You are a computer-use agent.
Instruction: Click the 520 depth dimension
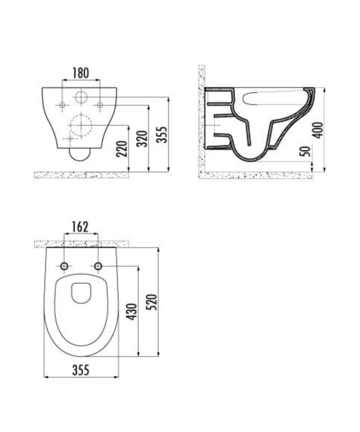[152, 301]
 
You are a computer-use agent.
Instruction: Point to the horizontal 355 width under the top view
[81, 369]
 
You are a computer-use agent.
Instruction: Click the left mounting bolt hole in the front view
[62, 104]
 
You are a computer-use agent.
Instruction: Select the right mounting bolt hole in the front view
[100, 104]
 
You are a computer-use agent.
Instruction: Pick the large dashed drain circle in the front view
[81, 126]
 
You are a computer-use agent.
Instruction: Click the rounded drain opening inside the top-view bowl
[81, 292]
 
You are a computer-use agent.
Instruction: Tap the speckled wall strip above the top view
[81, 243]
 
